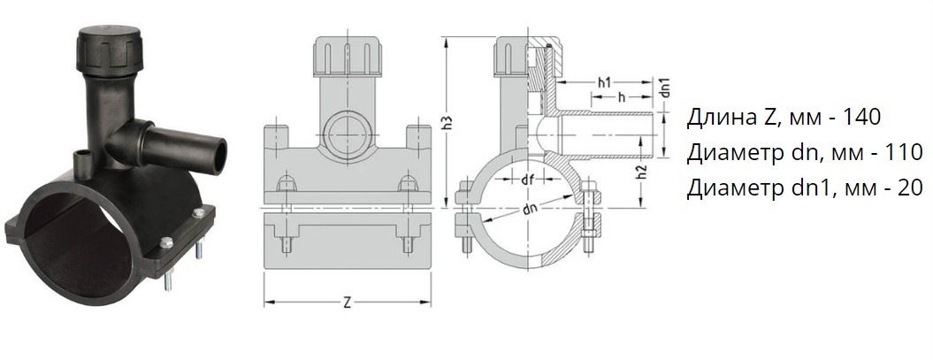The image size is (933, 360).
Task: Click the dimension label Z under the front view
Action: click(347, 303)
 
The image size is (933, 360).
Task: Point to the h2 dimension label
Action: click(643, 173)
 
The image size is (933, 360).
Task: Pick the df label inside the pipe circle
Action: click(527, 180)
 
